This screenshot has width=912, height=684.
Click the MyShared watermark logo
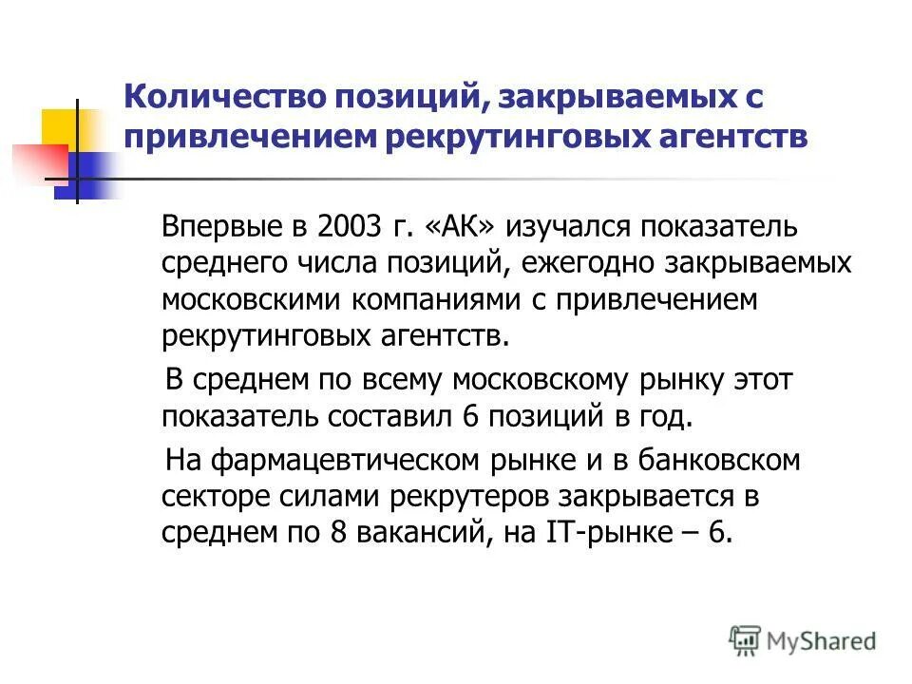pyautogui.click(x=803, y=640)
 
